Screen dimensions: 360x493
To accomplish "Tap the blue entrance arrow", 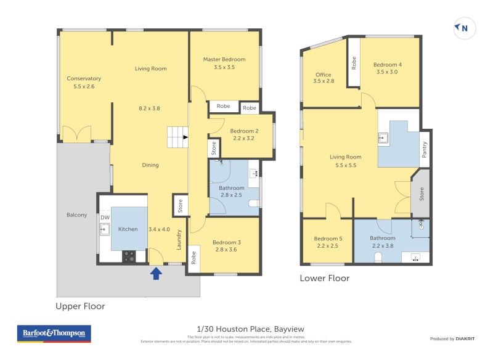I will [156, 272].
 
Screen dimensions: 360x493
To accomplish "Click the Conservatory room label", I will [84, 78].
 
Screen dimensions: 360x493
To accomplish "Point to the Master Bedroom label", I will [224, 59].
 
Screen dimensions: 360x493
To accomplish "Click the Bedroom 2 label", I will [244, 131].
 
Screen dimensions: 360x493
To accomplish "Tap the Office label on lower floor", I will [323, 75].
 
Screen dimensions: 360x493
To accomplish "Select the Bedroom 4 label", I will [387, 65].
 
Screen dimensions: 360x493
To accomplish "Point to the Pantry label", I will [424, 150].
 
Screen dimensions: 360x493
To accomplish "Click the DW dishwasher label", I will [105, 218].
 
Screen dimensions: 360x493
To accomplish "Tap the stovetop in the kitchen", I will [129, 256].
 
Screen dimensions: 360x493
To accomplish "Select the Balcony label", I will [76, 215].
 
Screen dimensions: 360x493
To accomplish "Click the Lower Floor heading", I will [324, 278].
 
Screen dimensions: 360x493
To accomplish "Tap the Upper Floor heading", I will [80, 306].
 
